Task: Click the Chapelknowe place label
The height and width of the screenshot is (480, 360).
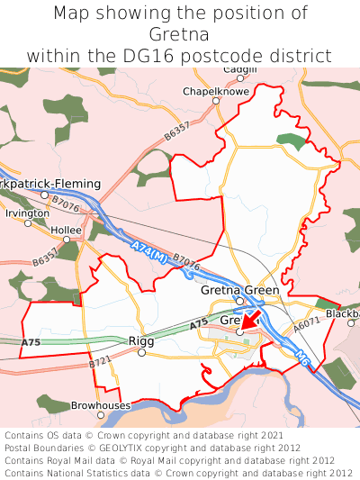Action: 214,91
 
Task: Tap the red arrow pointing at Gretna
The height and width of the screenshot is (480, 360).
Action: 249,322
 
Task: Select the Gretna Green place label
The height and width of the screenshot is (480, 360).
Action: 239,291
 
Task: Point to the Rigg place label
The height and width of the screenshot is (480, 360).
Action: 141,340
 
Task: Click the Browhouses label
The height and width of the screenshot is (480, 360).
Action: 101,406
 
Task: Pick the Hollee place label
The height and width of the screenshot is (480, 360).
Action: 66,230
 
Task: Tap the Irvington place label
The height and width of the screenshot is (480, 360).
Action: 27,213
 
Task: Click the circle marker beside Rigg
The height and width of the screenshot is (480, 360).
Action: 141,353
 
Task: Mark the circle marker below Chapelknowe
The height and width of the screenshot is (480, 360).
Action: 215,101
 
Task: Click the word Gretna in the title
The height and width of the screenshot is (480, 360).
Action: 180,35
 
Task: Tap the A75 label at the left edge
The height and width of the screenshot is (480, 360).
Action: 31,343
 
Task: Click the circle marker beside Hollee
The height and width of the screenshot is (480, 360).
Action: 66,240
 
